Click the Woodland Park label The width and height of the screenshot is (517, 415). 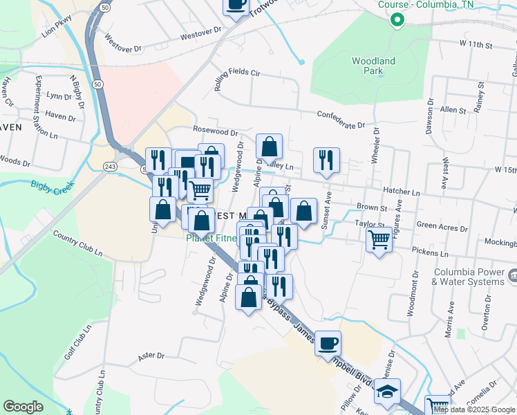click(x=373, y=66)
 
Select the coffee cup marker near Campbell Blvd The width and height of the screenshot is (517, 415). click(x=328, y=343)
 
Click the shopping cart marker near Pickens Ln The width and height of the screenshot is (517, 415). click(x=379, y=241)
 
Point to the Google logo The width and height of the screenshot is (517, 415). click(x=23, y=407)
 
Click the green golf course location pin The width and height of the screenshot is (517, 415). click(x=397, y=19)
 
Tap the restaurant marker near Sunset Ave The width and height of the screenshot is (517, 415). click(x=324, y=160)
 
